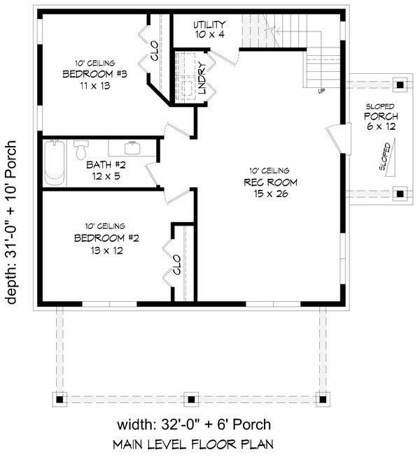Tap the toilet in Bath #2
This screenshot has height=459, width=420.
81,150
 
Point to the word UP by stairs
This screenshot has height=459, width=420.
321,91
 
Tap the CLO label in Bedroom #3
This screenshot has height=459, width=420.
152,52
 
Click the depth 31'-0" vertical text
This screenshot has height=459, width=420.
13,217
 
